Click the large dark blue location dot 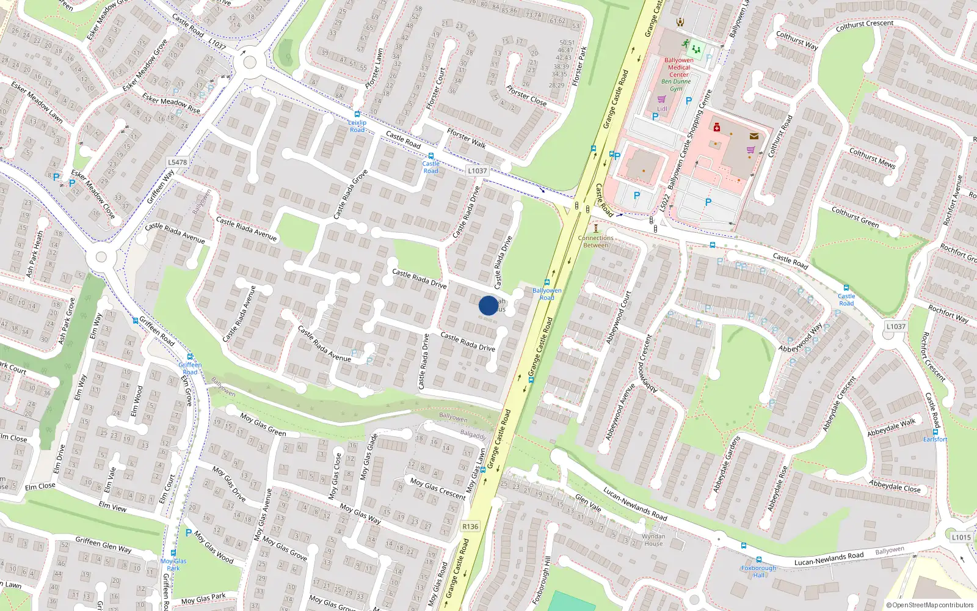coord(488,305)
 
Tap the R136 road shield coord(470,526)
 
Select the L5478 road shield coord(177,162)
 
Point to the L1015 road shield coord(961,537)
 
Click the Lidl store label coord(662,109)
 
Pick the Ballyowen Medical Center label coord(678,67)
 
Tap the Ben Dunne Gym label coord(676,85)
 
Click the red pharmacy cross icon coord(717,127)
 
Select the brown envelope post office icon coord(754,136)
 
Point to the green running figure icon coord(686,43)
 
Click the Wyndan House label coord(653,540)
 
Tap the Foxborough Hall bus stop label coord(758,571)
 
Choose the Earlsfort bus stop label coord(935,439)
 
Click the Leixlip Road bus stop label coord(357,126)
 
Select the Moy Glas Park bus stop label coord(173,565)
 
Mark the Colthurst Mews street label coord(872,158)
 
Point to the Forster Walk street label coord(466,138)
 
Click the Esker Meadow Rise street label coord(171,103)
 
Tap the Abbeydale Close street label coord(895,486)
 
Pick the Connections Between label coord(595,241)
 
